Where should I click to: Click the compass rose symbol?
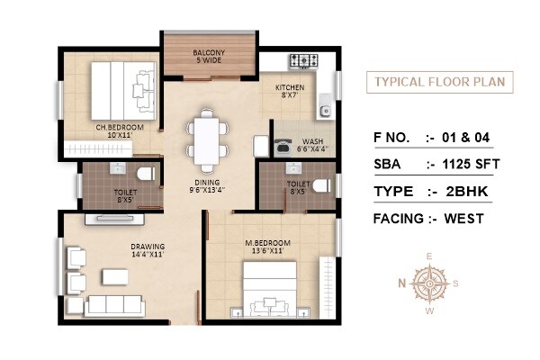pos(430,284)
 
